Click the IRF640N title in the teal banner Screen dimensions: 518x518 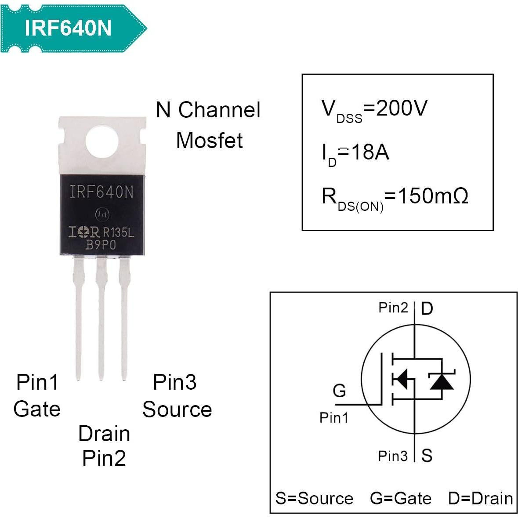(68, 28)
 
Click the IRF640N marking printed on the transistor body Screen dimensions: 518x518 (101, 192)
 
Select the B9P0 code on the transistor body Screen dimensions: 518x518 (101, 245)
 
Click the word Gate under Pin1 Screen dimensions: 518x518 (37, 409)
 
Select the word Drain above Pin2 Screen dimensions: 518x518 (104, 434)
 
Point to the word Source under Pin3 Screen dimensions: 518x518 (177, 409)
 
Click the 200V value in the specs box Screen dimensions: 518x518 (402, 108)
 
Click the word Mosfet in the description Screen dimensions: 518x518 (210, 141)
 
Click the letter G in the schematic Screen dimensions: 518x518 (339, 390)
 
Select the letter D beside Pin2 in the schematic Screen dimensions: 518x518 (427, 309)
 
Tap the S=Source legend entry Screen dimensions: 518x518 (314, 498)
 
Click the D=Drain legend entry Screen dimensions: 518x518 (480, 498)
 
